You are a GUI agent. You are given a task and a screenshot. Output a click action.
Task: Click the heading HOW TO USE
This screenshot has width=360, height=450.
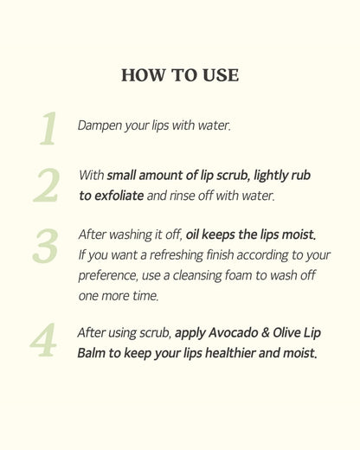[x=180, y=75]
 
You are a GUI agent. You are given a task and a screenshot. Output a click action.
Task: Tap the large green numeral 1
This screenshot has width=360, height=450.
[x=47, y=128]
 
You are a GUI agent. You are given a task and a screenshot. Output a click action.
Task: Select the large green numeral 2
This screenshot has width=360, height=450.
[x=47, y=185]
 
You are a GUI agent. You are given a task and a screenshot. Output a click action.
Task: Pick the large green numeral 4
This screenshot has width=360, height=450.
[x=43, y=341]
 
